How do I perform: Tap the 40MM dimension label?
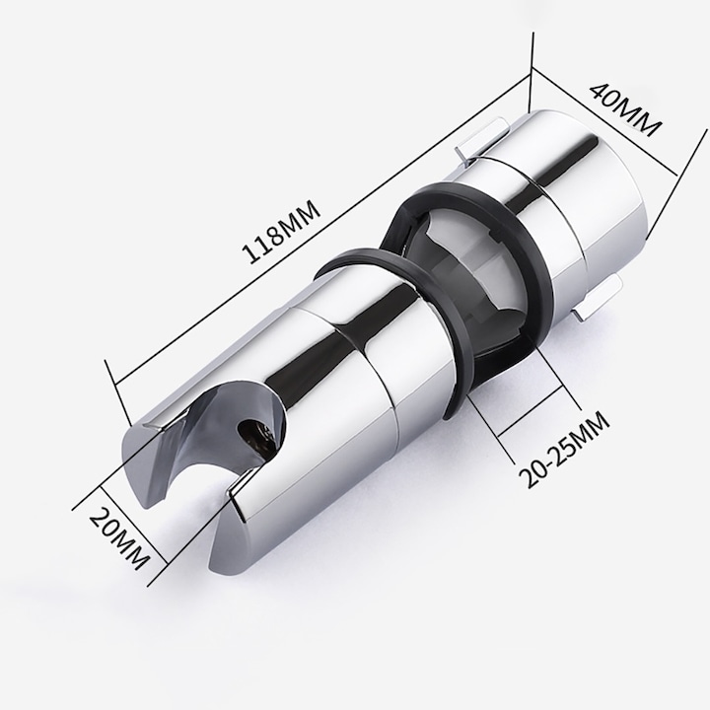(x=624, y=109)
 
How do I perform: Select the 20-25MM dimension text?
(x=564, y=450)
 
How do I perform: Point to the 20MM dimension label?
(x=118, y=538)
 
